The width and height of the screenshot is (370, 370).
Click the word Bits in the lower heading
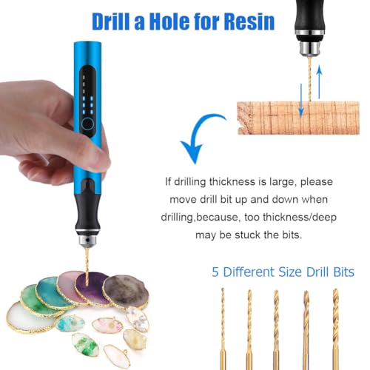point(344,272)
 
